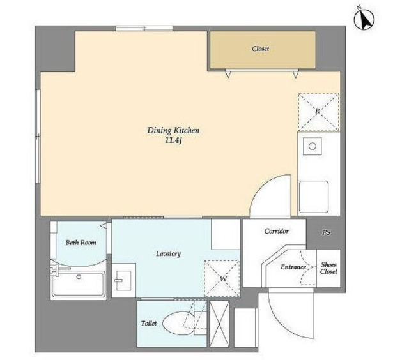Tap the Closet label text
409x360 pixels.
pos(260,49)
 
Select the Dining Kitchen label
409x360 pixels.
pos(173,130)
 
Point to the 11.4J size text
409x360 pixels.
pos(173,140)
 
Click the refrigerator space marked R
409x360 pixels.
pos(318,112)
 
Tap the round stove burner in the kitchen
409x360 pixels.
pos(313,146)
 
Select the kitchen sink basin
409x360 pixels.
pos(314,197)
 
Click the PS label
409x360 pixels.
pos(326,232)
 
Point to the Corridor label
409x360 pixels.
pos(276,231)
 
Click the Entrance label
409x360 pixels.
pos(293,267)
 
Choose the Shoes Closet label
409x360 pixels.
pos(329,268)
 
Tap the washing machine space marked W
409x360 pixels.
pos(222,278)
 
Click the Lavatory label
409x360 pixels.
pos(168,253)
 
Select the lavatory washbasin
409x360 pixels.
pos(123,281)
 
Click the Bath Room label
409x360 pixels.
pos(81,243)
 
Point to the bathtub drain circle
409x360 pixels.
pos(79,276)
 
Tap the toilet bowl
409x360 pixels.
pos(178,323)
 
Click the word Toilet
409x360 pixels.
pos(149,323)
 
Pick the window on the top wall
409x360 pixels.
pos(144,28)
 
